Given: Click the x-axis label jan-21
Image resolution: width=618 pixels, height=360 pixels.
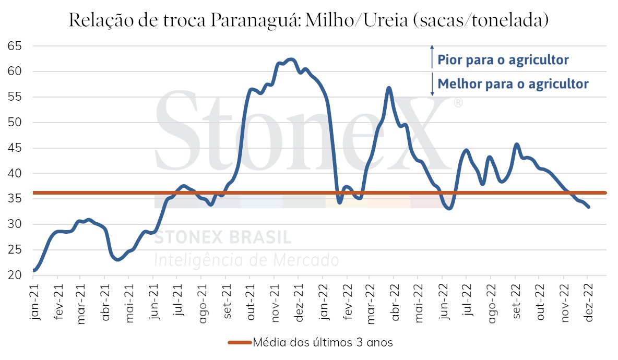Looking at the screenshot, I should pos(34,301).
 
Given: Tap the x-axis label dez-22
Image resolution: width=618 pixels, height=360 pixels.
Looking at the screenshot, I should pos(589,301).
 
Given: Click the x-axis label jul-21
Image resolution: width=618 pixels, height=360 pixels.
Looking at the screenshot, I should pos(180,301).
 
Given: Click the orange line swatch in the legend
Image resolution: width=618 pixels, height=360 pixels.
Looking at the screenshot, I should pos(240,343).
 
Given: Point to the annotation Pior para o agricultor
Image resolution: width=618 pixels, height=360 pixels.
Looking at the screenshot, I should pos(503,60).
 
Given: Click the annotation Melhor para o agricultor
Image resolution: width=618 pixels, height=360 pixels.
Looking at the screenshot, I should pos(513,84).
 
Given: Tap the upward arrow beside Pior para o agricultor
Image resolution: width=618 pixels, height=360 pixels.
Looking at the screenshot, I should pos(432,57).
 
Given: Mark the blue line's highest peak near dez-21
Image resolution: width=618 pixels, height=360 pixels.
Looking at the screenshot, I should pos(291,59).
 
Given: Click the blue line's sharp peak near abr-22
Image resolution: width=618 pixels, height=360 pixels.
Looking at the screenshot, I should pos(389,88).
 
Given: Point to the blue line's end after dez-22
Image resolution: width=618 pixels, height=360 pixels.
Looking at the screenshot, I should pos(589,207).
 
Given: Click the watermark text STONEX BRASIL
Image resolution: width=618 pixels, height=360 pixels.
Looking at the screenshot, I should pos(223,237).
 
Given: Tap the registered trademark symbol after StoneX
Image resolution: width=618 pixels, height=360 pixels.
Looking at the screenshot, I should pos(458,103).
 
